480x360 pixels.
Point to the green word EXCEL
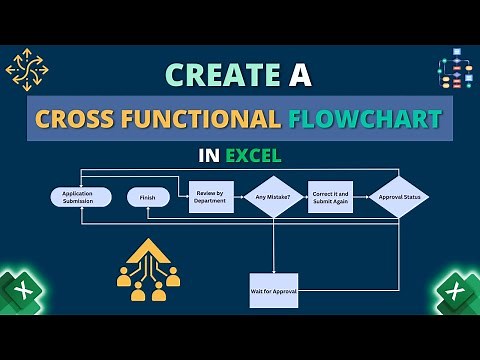[252, 156]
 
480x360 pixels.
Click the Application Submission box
[81, 197]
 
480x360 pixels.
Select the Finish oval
[148, 197]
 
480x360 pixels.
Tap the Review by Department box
[211, 197]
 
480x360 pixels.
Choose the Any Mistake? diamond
[272, 197]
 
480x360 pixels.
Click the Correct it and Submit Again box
[335, 197]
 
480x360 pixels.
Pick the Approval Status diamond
[398, 197]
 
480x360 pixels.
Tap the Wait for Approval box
[272, 290]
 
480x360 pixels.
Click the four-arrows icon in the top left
[27, 70]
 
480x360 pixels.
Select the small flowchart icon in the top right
[456, 70]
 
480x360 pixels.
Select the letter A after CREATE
[298, 75]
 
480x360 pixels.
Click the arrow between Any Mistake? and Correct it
[307, 197]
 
